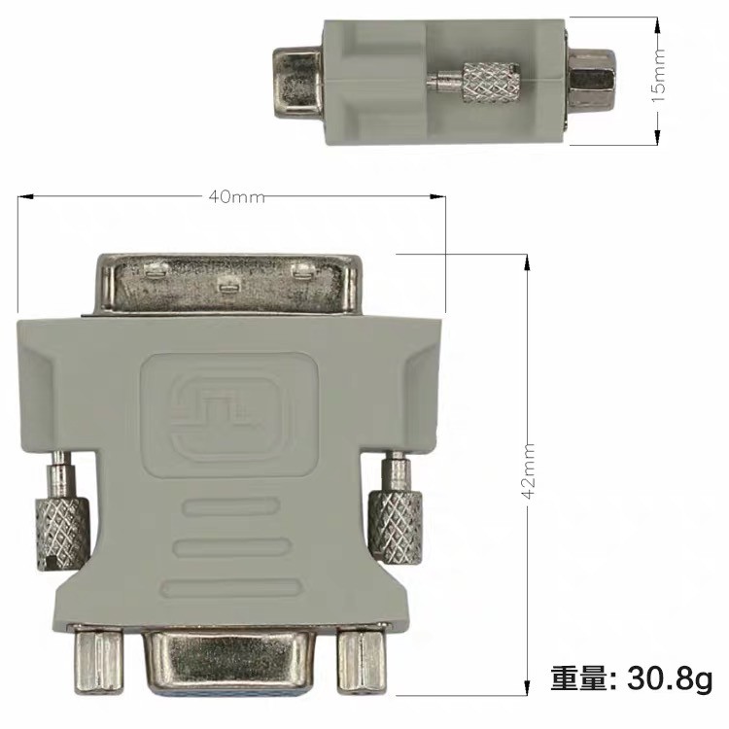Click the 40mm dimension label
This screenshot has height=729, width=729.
click(236, 196)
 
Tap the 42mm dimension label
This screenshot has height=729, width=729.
click(528, 471)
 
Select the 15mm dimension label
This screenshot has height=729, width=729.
click(658, 76)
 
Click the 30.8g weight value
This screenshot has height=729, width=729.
click(670, 678)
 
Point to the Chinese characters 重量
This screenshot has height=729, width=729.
click(579, 678)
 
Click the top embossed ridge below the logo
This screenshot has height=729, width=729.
click(231, 506)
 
